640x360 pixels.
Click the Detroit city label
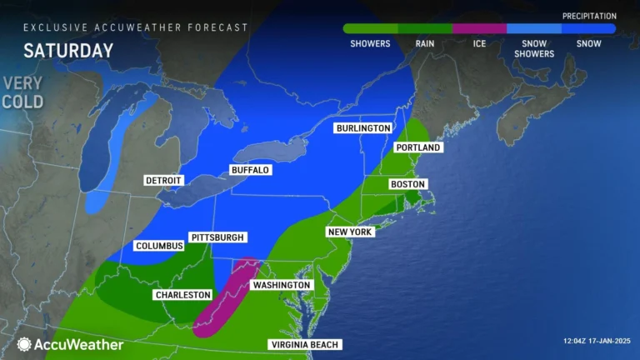pos(164,181)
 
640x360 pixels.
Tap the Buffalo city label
pos(250,170)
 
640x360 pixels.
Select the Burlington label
pos(363,128)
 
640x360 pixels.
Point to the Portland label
pos(418,147)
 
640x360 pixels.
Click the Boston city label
pos(407,184)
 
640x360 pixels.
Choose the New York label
pos(350,232)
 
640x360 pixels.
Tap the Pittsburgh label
pos(217,237)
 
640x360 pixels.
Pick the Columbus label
pos(158,247)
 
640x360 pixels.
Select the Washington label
pos(282,285)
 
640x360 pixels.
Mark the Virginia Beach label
pos(305,345)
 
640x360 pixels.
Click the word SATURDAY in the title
pos(68,50)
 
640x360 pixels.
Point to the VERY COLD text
pos(22,92)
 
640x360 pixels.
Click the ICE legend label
pos(479,43)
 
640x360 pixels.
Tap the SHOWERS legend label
pos(370,43)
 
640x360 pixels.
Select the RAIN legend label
pos(425,43)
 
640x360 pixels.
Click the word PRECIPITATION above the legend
pos(588,16)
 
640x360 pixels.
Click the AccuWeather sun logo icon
pos(24,344)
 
